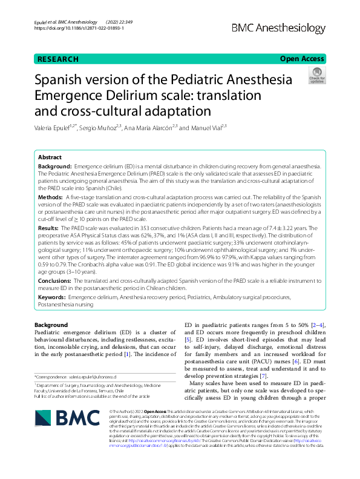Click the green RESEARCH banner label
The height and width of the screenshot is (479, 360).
point(57,59)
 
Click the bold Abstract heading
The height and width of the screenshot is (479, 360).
point(50,156)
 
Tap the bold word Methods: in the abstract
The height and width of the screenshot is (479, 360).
point(51,197)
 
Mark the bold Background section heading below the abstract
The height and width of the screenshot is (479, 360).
point(51,325)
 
